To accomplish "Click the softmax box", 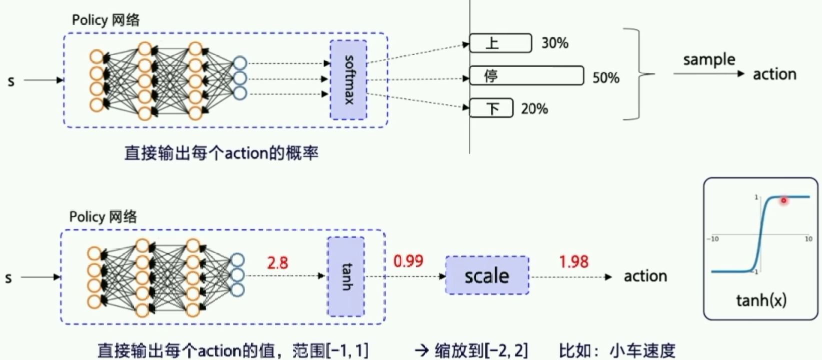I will point(348,80).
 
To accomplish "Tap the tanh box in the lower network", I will point(346,276).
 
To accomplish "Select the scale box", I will point(487,275).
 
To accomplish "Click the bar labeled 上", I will point(500,43).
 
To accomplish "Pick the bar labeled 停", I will point(526,76).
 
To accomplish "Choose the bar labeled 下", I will point(491,108).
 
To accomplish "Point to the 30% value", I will point(555,43).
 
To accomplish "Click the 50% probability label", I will point(606,77).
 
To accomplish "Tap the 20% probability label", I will point(534,108).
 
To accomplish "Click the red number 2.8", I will point(277,262).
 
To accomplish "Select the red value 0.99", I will point(408,261).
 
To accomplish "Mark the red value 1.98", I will point(574,261).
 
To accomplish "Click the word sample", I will point(709,59).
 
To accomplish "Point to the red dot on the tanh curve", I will point(783,200).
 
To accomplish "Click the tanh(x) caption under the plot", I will point(761,300).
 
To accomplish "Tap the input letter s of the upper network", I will point(11,81).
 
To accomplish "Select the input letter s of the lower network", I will point(9,278).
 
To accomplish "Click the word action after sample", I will point(774,74).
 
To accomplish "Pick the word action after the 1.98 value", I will point(645,276).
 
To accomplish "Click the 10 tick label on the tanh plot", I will point(808,239).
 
